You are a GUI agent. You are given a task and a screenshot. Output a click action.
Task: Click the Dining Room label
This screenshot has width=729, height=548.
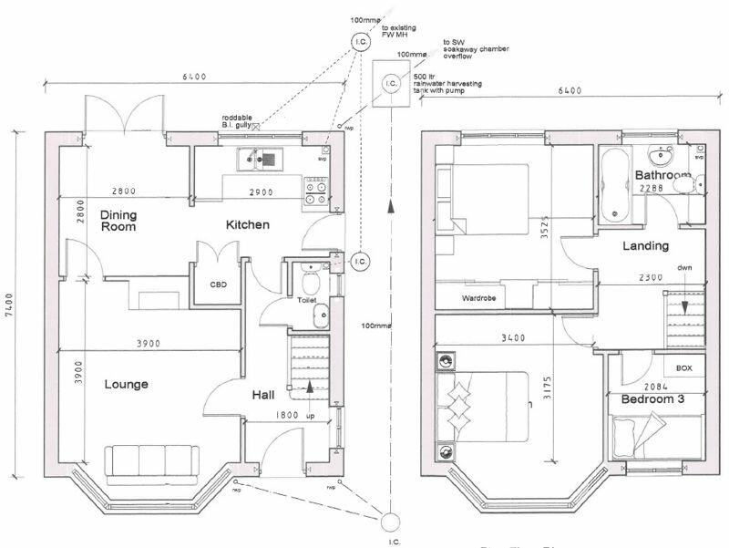[118, 221]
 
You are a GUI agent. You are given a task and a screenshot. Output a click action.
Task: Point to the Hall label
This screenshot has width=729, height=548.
[264, 395]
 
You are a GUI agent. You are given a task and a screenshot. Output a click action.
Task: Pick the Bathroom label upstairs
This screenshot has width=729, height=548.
[662, 174]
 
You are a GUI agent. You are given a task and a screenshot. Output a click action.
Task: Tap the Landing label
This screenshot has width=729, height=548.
[645, 245]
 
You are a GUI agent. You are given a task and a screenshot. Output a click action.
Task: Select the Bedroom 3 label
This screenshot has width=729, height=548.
[652, 399]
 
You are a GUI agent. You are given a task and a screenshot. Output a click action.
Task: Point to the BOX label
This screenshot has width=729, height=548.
[683, 368]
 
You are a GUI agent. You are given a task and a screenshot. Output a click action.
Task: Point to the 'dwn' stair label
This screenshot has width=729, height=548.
[683, 268]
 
